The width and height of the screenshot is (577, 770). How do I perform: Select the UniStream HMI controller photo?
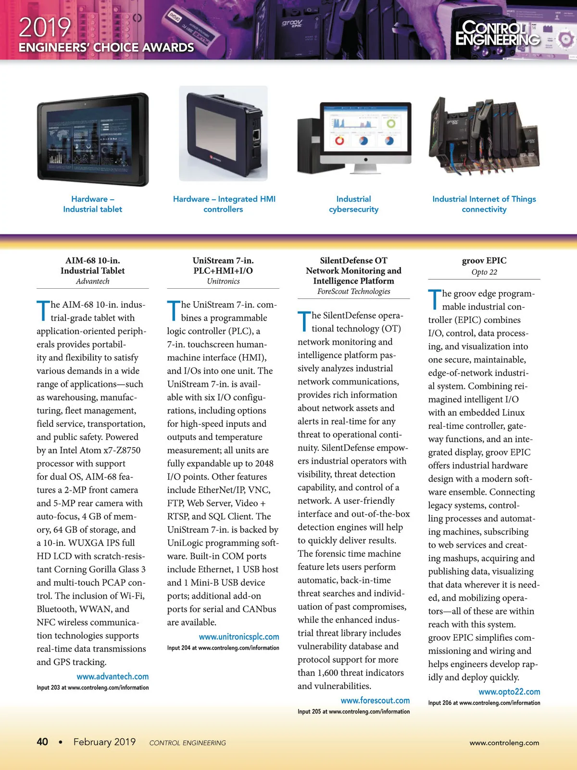coord(223,133)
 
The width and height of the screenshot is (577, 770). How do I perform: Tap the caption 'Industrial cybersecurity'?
coord(353,204)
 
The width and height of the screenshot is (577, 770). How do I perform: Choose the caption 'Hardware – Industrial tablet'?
coord(93,204)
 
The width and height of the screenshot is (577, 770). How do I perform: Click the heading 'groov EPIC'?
coord(484,260)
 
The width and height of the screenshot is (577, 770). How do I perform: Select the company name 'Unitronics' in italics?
coord(223,281)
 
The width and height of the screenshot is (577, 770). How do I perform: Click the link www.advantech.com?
coord(113,676)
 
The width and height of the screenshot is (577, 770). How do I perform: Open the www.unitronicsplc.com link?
coord(239,637)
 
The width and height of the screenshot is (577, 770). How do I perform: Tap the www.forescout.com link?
coord(375,700)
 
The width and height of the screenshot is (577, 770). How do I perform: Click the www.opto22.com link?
coord(509,692)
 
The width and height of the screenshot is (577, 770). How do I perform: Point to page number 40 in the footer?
coord(42,742)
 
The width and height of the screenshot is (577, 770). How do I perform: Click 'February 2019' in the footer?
coord(104,742)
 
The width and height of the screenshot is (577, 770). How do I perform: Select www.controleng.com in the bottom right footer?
coord(504,743)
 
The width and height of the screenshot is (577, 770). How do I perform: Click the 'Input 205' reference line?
coord(353,711)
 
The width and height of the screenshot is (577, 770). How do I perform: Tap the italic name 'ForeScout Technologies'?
coord(353,291)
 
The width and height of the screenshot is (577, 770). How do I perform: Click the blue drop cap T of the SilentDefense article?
coord(304,321)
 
